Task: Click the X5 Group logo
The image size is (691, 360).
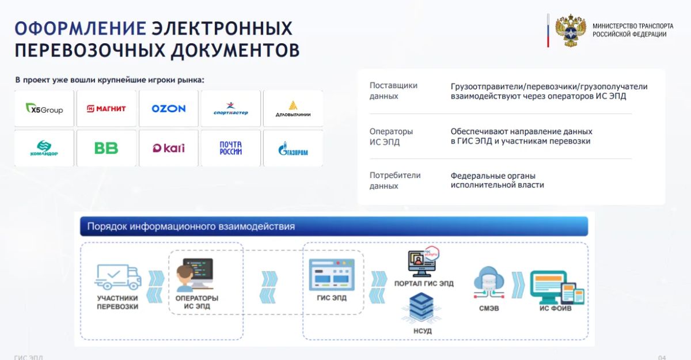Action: click(x=44, y=109)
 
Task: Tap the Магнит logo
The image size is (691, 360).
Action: click(x=107, y=109)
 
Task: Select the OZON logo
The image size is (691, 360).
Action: click(x=168, y=109)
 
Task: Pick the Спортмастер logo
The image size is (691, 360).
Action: click(x=231, y=109)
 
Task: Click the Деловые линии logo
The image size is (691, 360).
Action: click(x=293, y=109)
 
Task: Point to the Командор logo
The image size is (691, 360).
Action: click(x=44, y=148)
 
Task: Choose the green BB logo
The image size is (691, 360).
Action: click(x=107, y=148)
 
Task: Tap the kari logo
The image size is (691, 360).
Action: click(x=168, y=148)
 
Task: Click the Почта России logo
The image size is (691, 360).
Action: click(x=231, y=148)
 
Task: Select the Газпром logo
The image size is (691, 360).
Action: click(x=293, y=149)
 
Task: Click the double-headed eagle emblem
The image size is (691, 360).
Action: click(x=571, y=30)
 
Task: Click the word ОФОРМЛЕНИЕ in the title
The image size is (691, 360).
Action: click(x=81, y=28)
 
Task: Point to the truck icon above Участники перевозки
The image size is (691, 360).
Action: click(x=118, y=276)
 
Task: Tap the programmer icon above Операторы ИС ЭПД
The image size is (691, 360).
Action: click(x=195, y=275)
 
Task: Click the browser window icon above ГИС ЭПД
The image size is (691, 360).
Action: click(x=332, y=275)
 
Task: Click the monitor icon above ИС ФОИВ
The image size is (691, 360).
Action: click(x=557, y=287)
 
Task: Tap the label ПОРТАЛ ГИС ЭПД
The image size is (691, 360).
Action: click(x=424, y=283)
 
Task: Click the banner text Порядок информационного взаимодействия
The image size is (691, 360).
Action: click(x=191, y=226)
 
